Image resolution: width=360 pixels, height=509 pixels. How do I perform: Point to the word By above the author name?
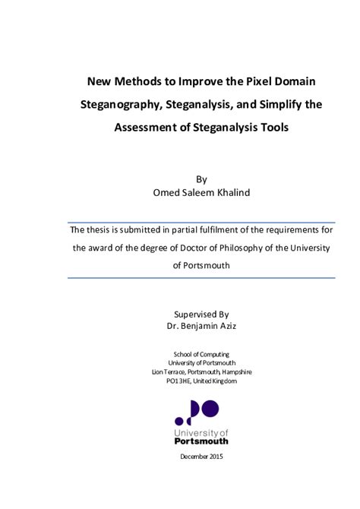pyautogui.click(x=201, y=179)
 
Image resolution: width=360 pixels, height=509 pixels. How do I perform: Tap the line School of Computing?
pyautogui.click(x=201, y=353)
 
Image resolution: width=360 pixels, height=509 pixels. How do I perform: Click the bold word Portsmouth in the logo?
pyautogui.click(x=201, y=441)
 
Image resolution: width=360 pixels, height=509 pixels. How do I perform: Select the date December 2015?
pyautogui.click(x=201, y=456)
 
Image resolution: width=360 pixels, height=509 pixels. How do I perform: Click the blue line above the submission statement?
pyautogui.click(x=201, y=219)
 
